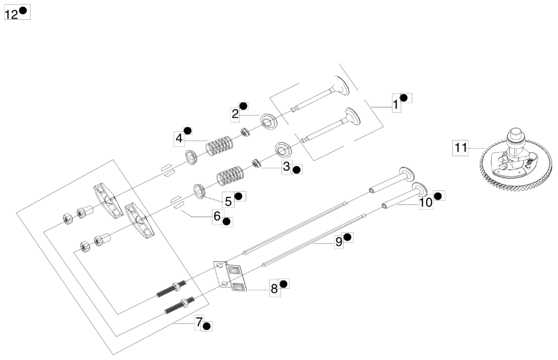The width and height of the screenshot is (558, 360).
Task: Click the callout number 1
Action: click(x=396, y=105)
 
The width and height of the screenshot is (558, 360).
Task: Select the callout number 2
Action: click(x=235, y=114)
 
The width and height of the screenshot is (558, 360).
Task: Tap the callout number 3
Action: click(x=286, y=166)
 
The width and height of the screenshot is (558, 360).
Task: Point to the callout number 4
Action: click(x=179, y=139)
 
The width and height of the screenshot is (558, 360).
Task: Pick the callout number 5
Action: click(x=228, y=201)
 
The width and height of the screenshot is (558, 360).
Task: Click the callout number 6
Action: click(x=217, y=216)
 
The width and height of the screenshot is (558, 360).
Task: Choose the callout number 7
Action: click(x=198, y=322)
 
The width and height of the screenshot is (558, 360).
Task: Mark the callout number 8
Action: click(x=274, y=289)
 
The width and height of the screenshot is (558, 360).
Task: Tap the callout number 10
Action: click(x=426, y=203)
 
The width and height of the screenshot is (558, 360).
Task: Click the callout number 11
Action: click(x=460, y=147)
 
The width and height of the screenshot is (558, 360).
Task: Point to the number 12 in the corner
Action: click(x=11, y=14)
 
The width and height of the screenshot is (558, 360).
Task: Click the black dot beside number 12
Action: click(x=23, y=10)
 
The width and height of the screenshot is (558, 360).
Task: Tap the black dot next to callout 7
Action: click(x=207, y=326)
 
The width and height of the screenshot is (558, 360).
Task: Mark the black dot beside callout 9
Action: click(x=347, y=237)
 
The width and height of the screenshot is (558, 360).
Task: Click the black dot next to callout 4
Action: click(x=188, y=130)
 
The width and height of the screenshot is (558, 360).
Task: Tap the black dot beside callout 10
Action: click(x=438, y=196)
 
